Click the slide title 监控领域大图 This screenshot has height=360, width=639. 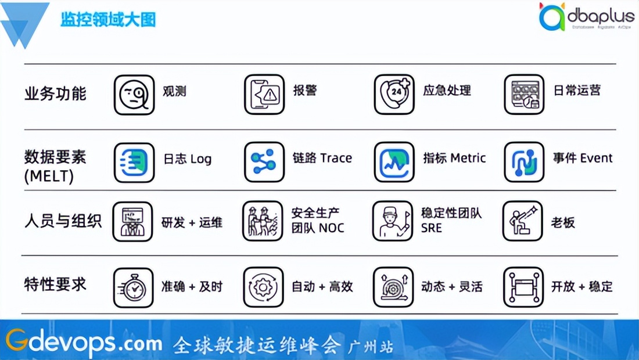tap(108, 20)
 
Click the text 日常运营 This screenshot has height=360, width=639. tap(577, 91)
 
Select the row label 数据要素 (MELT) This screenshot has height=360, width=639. tap(55, 167)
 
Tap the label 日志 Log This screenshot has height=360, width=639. tap(187, 159)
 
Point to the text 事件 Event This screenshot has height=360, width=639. tap(582, 158)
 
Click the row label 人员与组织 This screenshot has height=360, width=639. tap(63, 222)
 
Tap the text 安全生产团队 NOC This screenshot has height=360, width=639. tap(318, 221)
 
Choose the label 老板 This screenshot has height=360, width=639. tap(563, 222)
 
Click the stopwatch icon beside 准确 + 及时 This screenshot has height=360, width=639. tap(134, 287)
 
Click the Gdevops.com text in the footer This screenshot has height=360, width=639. tap(84, 343)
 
